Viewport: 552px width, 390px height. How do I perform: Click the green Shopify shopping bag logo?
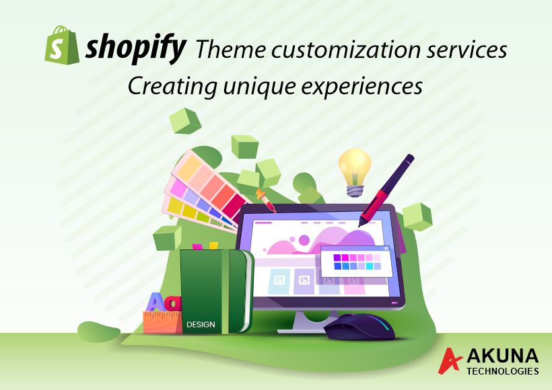62,45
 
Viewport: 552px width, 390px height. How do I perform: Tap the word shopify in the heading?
135,48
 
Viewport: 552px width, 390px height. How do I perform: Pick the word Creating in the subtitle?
172,86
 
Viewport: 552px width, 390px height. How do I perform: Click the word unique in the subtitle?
259,87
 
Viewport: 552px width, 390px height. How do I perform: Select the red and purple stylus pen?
386,190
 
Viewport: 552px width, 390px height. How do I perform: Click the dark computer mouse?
359,327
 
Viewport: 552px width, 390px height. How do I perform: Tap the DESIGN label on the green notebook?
201,324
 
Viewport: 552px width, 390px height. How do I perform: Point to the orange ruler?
163,322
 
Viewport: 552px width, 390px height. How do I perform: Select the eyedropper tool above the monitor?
266,200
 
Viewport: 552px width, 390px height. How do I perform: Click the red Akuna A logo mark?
450,360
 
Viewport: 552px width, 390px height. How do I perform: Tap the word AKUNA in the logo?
502,356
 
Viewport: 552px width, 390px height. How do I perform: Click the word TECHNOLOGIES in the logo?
502,371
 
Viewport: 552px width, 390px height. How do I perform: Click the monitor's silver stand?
306,322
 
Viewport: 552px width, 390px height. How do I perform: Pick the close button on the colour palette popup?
386,248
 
